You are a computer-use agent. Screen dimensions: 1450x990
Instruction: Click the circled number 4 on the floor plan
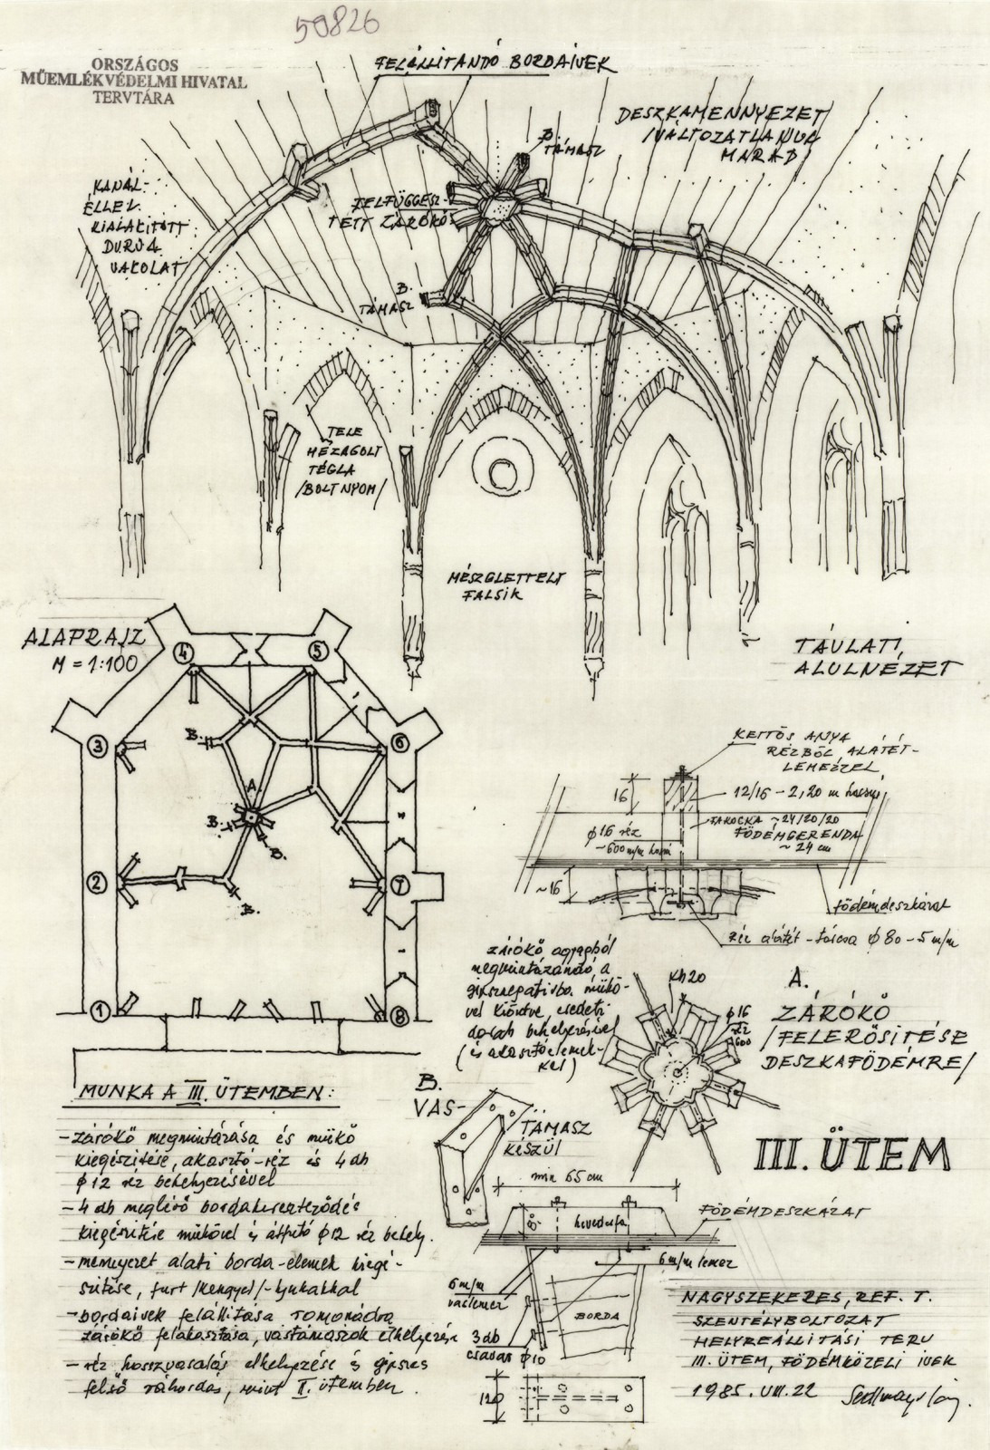click(186, 652)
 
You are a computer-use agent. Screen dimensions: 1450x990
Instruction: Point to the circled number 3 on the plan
click(99, 747)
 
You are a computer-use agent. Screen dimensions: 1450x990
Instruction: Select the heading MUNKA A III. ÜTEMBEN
click(200, 1093)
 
